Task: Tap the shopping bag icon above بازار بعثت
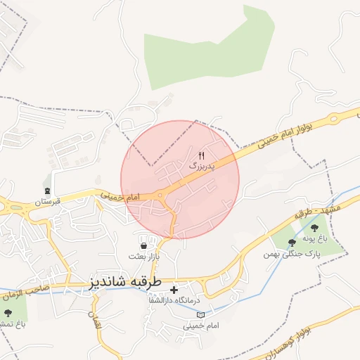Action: (x=145, y=246)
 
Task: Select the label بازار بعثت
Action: (x=148, y=257)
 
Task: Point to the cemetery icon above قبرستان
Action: (x=47, y=191)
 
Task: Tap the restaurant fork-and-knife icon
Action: (x=202, y=155)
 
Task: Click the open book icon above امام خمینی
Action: (x=201, y=315)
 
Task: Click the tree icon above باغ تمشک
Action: (x=8, y=312)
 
